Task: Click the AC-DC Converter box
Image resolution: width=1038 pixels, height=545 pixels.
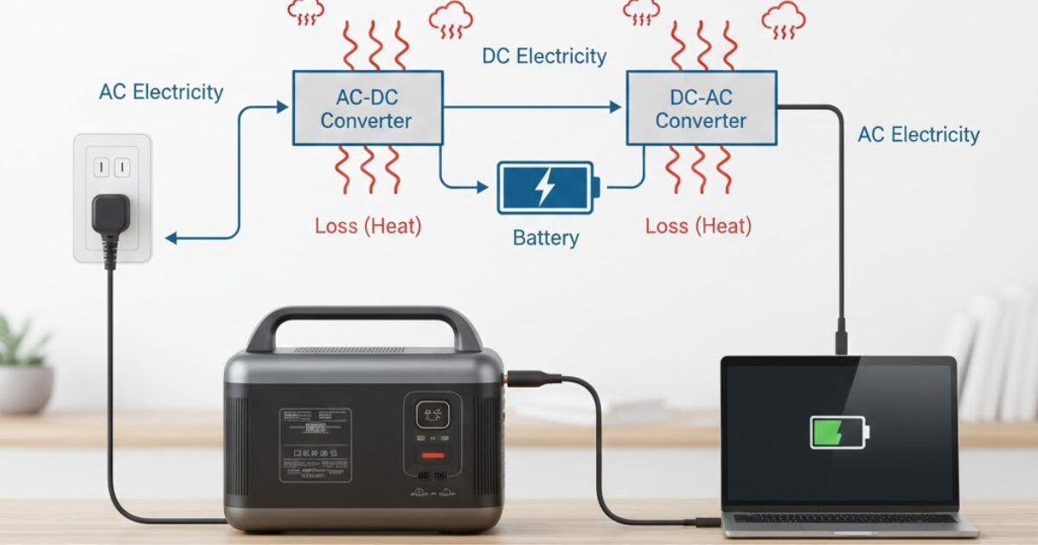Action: [367, 107]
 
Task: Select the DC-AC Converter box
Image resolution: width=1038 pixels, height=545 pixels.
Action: [701, 107]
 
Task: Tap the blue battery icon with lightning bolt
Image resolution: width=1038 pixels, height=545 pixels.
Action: [547, 187]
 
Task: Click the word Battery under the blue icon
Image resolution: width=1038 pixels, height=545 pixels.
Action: [546, 238]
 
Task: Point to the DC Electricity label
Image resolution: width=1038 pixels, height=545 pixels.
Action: [544, 57]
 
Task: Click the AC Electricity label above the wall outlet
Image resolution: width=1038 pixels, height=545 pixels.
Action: [161, 92]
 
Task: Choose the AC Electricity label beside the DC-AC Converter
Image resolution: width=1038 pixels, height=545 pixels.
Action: [919, 135]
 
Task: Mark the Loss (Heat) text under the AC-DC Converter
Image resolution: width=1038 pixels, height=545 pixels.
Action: [368, 227]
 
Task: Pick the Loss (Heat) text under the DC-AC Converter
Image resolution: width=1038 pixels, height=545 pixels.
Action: [698, 227]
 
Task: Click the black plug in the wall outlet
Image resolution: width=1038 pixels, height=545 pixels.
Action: [111, 216]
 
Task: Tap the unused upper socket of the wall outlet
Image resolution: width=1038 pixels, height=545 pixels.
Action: [111, 165]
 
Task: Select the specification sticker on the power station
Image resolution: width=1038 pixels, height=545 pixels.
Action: [315, 445]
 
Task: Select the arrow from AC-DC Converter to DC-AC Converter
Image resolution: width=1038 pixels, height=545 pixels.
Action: [533, 107]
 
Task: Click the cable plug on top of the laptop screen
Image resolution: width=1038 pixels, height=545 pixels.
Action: [841, 337]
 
